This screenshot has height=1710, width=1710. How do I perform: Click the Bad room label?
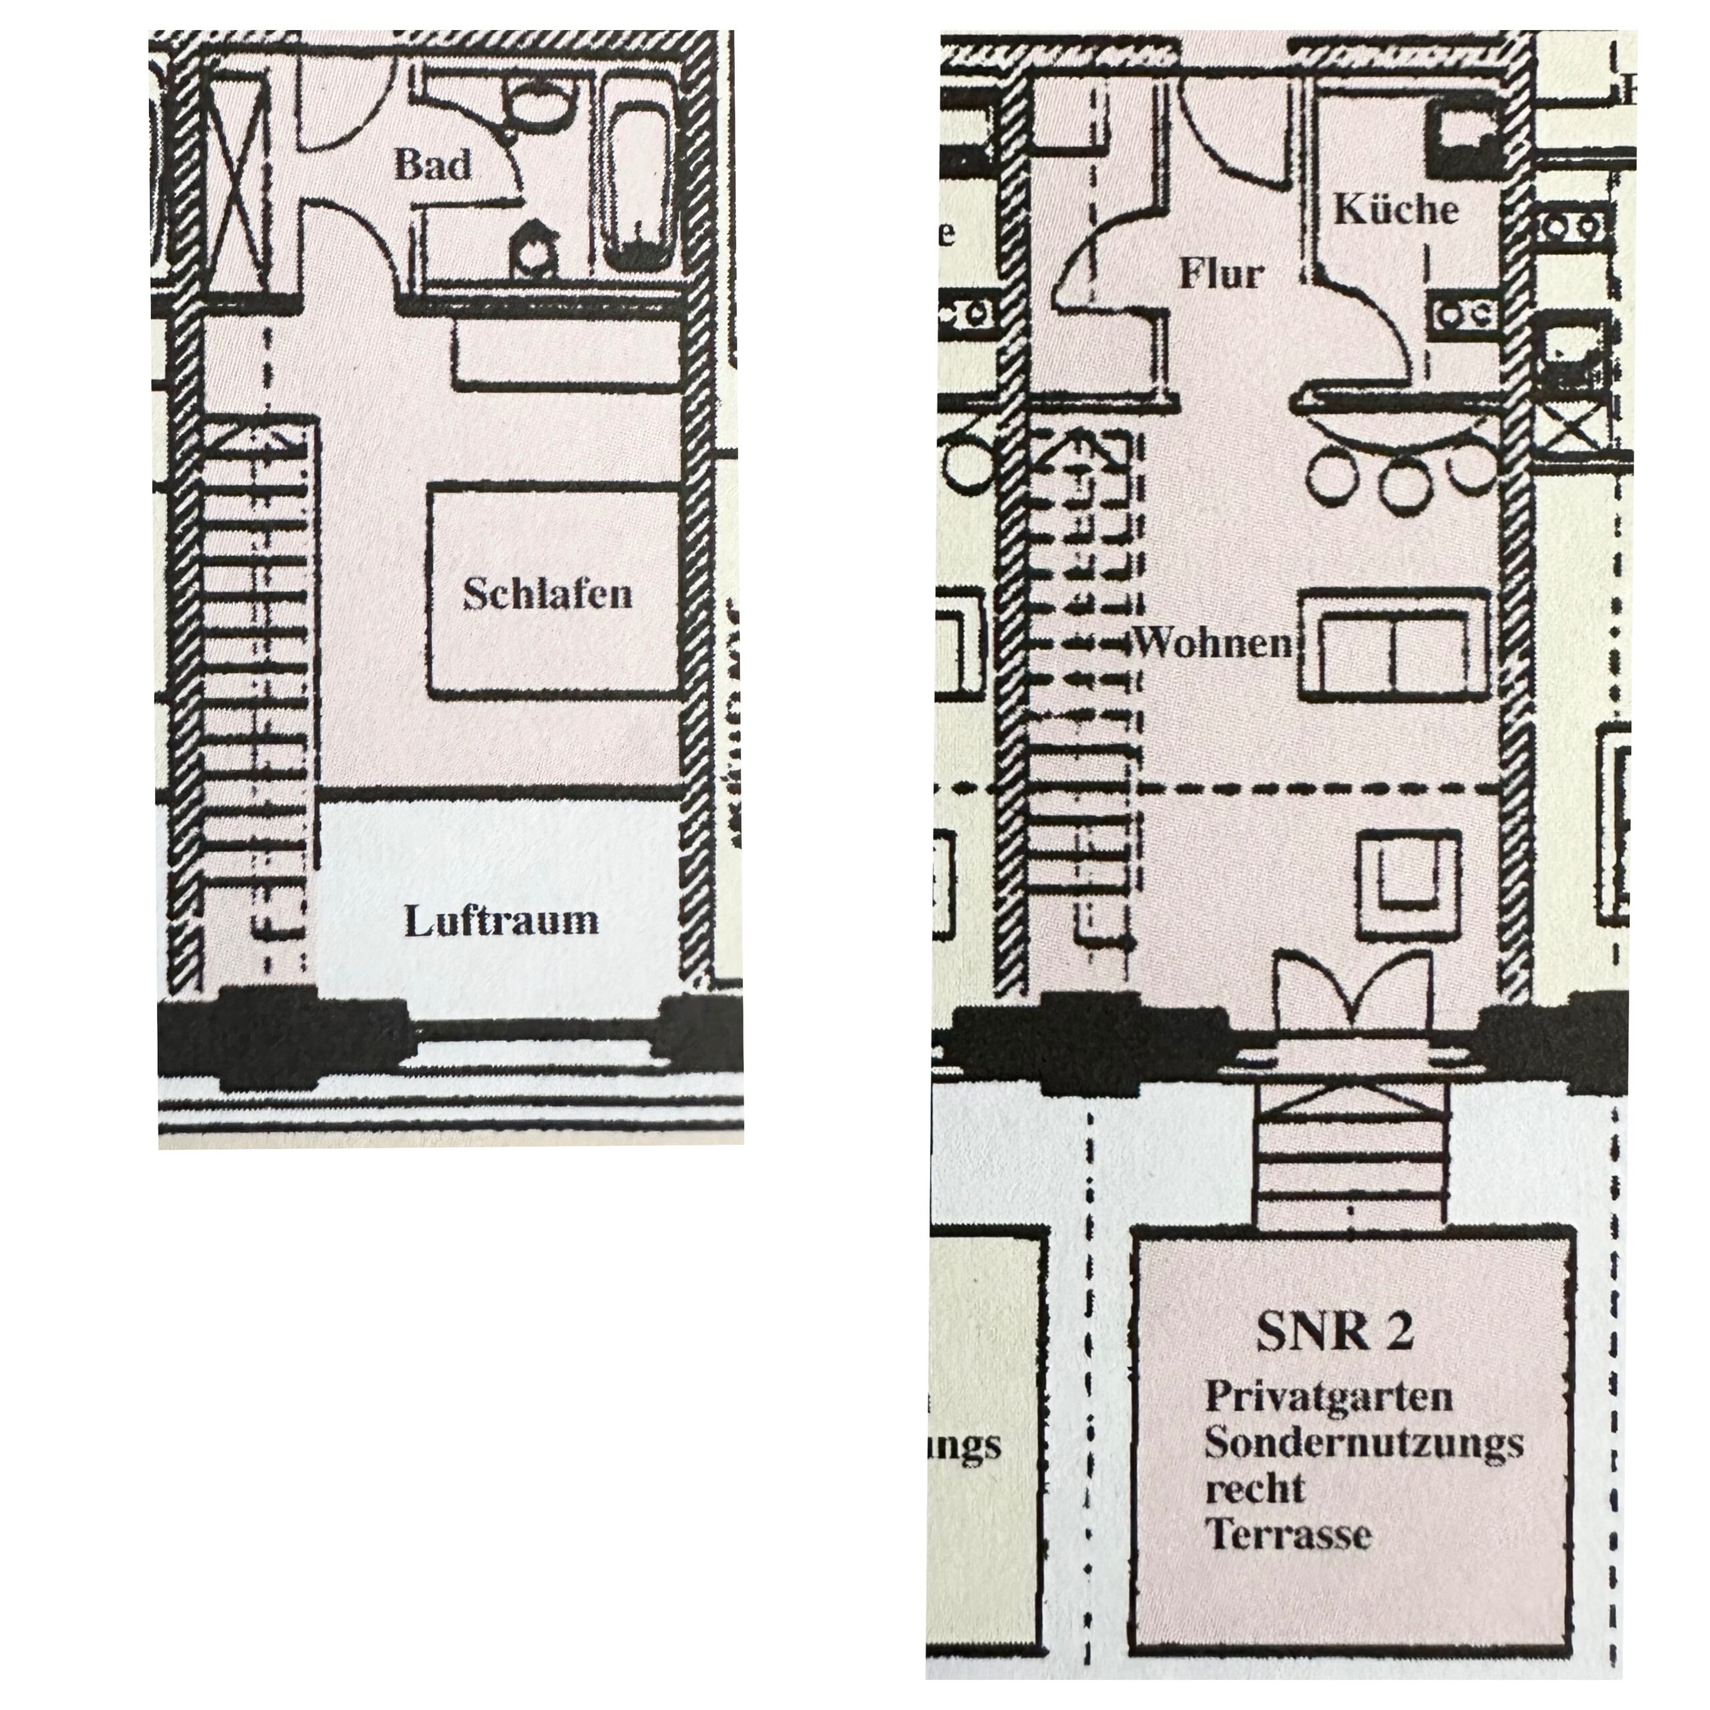pos(432,164)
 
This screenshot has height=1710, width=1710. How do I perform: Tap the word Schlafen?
pos(548,593)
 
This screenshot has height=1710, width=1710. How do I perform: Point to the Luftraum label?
pos(501,920)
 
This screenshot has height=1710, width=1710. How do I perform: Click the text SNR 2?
pos(1335,1331)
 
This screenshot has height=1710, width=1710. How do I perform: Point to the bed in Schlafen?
pos(553,588)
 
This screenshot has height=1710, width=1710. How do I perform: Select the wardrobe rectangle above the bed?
pos(566,351)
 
